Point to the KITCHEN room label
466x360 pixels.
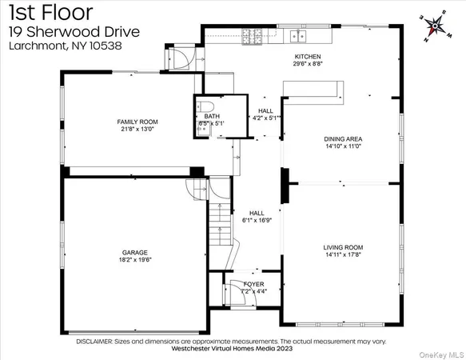click(307, 57)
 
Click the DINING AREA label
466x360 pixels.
click(344, 139)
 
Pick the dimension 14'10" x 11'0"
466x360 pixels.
click(344, 147)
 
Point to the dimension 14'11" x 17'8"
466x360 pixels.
click(344, 255)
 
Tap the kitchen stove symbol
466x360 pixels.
click(254, 36)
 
